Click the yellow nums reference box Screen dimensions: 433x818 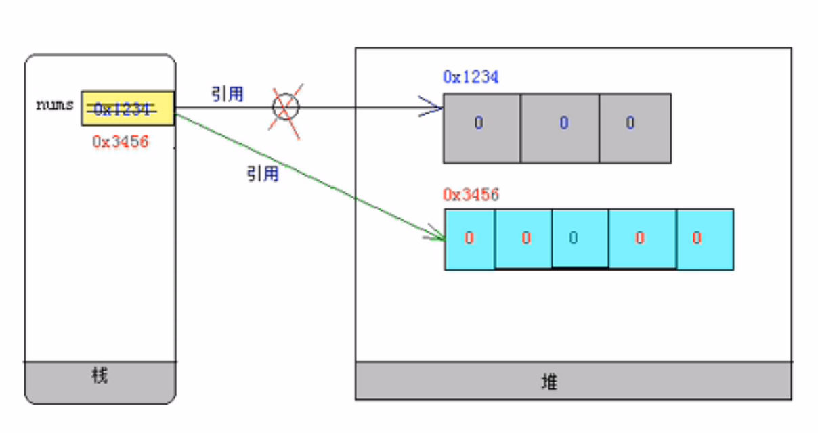(x=128, y=108)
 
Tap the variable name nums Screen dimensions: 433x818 (x=54, y=106)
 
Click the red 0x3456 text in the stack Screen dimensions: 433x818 (x=120, y=142)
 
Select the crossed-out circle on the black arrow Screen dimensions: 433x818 (x=286, y=107)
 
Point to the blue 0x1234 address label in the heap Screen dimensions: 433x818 (x=471, y=77)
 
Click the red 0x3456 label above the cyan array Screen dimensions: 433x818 (x=471, y=196)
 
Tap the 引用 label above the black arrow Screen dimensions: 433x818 (x=227, y=94)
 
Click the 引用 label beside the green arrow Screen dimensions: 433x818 (x=262, y=174)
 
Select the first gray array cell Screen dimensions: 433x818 (x=481, y=128)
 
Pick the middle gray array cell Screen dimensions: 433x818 (x=560, y=128)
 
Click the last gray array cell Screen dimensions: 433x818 (x=634, y=128)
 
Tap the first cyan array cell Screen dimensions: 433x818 (x=470, y=239)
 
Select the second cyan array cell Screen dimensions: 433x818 (x=523, y=239)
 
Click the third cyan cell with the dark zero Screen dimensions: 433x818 (x=580, y=239)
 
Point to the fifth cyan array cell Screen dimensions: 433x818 (x=704, y=239)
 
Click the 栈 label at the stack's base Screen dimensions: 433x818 (x=100, y=376)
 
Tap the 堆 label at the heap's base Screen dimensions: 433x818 (x=550, y=382)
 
